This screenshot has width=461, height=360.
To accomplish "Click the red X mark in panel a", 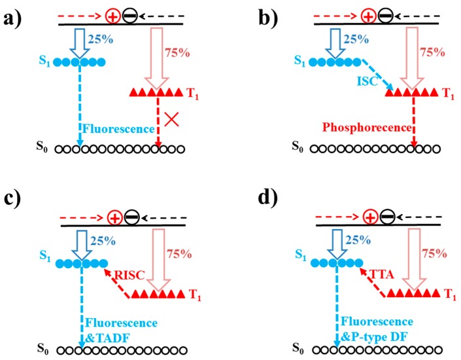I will tap(173, 118).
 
